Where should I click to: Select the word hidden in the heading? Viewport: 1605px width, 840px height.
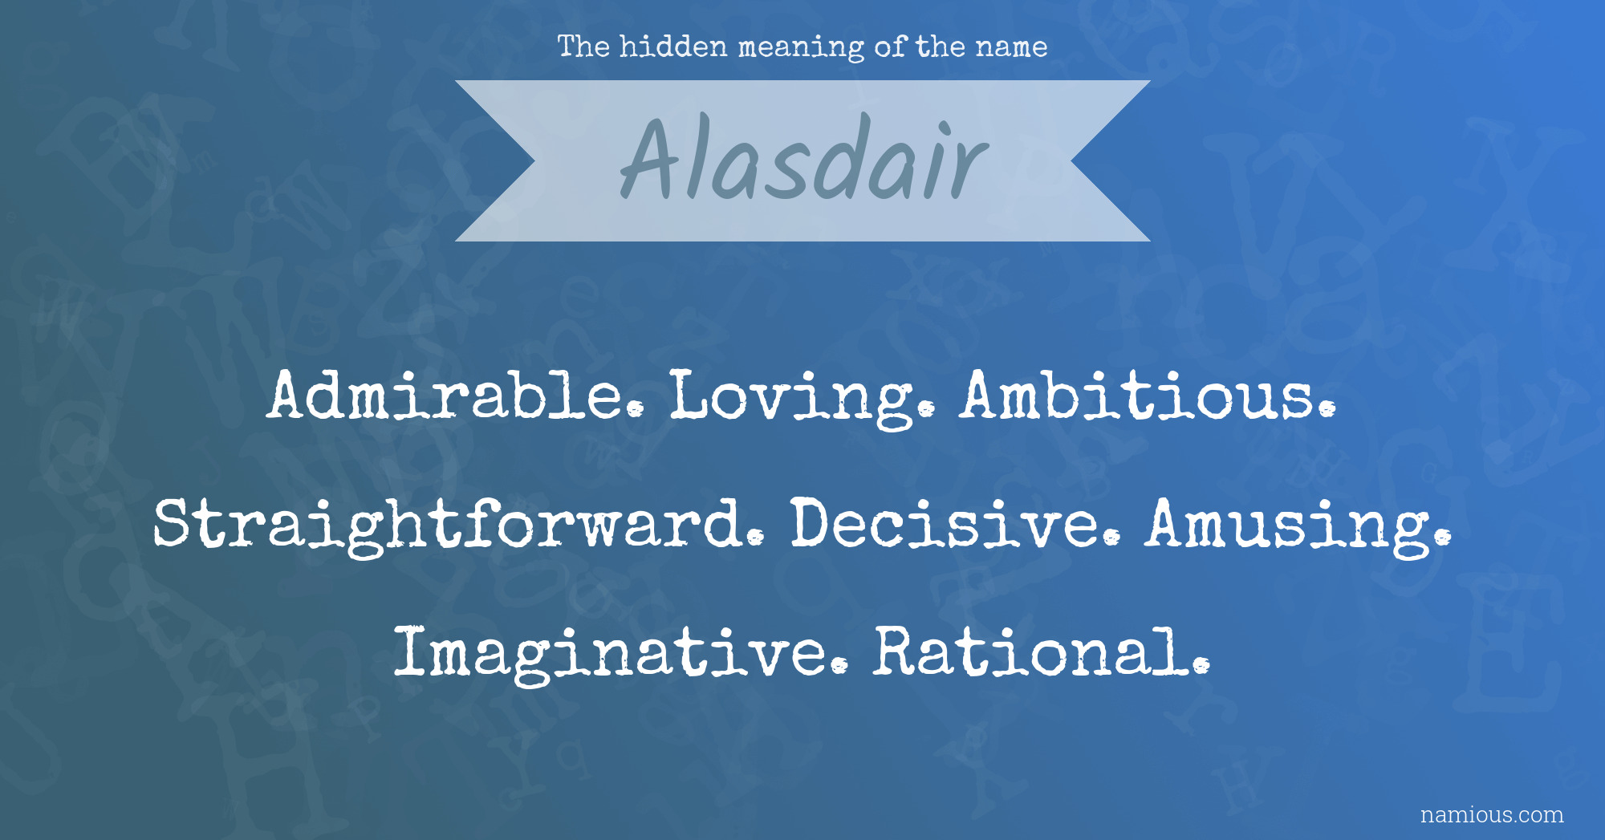(673, 47)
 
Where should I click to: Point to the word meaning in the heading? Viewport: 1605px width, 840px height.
(800, 48)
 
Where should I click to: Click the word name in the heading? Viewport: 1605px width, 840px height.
(1011, 48)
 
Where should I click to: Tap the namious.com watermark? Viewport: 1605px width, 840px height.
(1492, 815)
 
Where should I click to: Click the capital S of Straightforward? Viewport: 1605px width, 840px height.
(175, 523)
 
